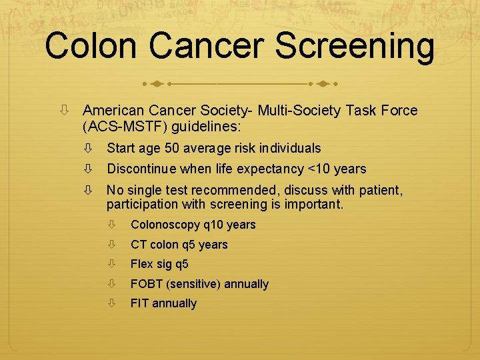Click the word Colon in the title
92,47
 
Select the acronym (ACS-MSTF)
125,125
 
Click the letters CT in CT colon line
138,245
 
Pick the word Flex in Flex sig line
142,264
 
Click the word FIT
140,303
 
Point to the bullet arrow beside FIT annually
114,303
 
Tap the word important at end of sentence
317,204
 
